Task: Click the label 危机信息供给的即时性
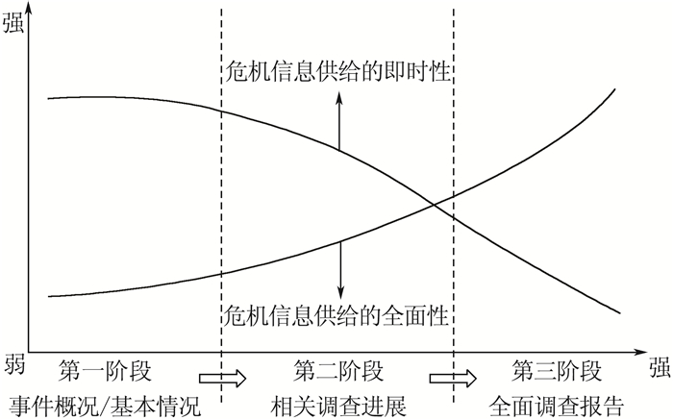click(337, 70)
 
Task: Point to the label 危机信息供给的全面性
click(337, 313)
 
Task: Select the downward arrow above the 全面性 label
click(338, 269)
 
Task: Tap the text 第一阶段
click(105, 370)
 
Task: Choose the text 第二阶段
click(338, 370)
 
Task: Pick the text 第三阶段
click(557, 370)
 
